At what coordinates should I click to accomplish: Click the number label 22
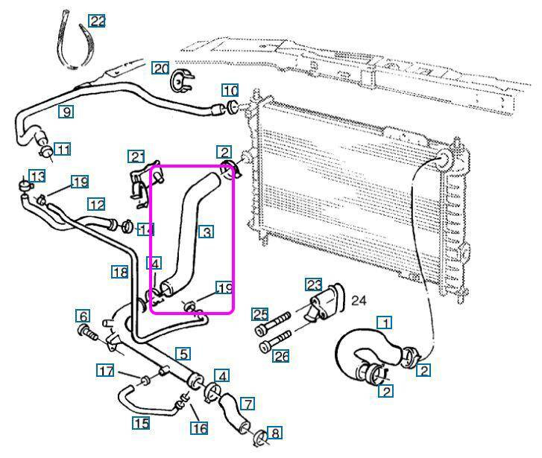click(97, 21)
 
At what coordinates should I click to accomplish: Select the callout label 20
click(161, 69)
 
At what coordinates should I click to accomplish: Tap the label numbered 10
click(230, 92)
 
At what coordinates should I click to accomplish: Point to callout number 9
click(67, 112)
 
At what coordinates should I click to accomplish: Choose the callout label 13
click(37, 176)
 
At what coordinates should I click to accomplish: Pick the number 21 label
click(136, 156)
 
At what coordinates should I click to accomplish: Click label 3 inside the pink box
click(207, 232)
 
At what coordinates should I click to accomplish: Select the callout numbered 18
click(120, 273)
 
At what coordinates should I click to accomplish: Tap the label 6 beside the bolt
click(83, 316)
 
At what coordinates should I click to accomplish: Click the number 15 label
click(141, 424)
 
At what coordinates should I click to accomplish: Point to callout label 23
click(314, 284)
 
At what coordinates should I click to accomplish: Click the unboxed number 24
click(359, 301)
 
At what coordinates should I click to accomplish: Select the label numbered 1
click(385, 323)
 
